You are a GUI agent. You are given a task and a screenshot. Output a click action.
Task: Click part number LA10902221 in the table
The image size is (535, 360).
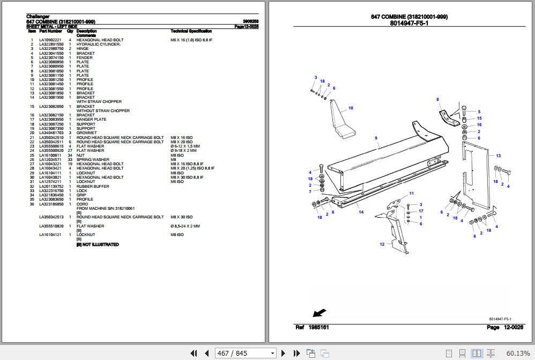[x=50, y=40]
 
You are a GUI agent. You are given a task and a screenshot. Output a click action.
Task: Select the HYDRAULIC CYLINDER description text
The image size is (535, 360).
[x=98, y=45]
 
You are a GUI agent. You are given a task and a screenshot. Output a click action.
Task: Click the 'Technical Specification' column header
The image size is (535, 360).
[x=191, y=31]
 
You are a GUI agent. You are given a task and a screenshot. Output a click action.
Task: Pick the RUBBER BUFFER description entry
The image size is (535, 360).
[x=93, y=186]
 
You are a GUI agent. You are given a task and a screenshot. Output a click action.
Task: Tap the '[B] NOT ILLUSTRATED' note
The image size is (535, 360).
[x=98, y=245]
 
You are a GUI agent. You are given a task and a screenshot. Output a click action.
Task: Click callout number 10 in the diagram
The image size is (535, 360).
[x=351, y=108]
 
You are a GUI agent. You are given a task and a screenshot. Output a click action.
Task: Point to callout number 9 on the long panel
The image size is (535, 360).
[x=376, y=138]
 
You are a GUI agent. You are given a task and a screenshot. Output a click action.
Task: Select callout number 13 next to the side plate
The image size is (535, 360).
[x=498, y=156]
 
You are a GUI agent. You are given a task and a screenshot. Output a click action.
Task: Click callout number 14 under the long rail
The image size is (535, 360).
[x=361, y=212]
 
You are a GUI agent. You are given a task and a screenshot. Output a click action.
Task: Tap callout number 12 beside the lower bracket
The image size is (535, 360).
[x=382, y=245]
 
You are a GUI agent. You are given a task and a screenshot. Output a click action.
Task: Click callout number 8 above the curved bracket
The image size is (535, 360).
[x=437, y=99]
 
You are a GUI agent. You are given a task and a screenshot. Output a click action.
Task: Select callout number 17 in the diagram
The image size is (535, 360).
[x=421, y=211]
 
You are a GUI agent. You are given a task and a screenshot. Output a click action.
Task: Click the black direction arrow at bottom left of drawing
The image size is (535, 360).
[x=318, y=312]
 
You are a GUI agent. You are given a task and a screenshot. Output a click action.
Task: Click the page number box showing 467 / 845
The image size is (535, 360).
[x=245, y=353]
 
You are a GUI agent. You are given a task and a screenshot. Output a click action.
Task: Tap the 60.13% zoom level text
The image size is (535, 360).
[x=518, y=353]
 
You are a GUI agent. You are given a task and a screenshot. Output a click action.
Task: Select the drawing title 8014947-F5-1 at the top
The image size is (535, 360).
[x=409, y=24]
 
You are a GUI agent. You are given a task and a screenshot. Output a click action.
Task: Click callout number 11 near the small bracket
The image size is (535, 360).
[x=412, y=193]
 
